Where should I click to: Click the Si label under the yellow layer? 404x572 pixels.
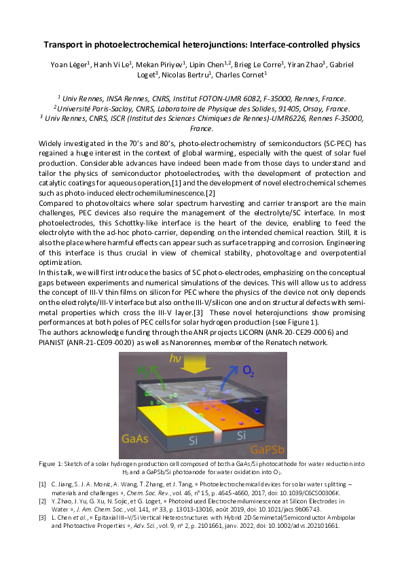[192, 442]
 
